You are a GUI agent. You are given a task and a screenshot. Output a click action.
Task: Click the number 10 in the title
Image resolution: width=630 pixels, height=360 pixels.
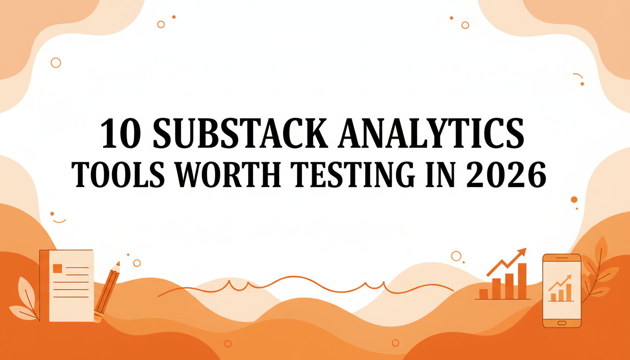121,133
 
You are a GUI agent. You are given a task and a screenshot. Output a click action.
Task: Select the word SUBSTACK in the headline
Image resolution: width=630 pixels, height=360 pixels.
240,133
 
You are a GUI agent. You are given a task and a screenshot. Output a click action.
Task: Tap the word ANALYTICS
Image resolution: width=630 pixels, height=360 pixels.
431,133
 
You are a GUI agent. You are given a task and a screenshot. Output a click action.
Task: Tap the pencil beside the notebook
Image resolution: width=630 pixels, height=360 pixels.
107,292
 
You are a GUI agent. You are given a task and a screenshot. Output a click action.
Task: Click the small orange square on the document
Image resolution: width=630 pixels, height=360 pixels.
57,268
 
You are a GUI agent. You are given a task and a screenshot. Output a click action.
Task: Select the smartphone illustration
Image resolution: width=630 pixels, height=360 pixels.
562,291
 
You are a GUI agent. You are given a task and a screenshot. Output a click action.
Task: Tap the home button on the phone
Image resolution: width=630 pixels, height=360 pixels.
562,323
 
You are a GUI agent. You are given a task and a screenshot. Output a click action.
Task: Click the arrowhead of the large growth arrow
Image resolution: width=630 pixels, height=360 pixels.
522,252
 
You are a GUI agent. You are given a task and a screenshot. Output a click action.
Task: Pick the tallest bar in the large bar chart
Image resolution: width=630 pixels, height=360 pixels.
522,281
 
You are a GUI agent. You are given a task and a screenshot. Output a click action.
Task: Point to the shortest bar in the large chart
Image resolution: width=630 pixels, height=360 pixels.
483,294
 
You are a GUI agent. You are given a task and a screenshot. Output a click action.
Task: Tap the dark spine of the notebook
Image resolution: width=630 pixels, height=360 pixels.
44,285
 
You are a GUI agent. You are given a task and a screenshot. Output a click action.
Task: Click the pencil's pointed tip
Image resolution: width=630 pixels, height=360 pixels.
118,263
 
